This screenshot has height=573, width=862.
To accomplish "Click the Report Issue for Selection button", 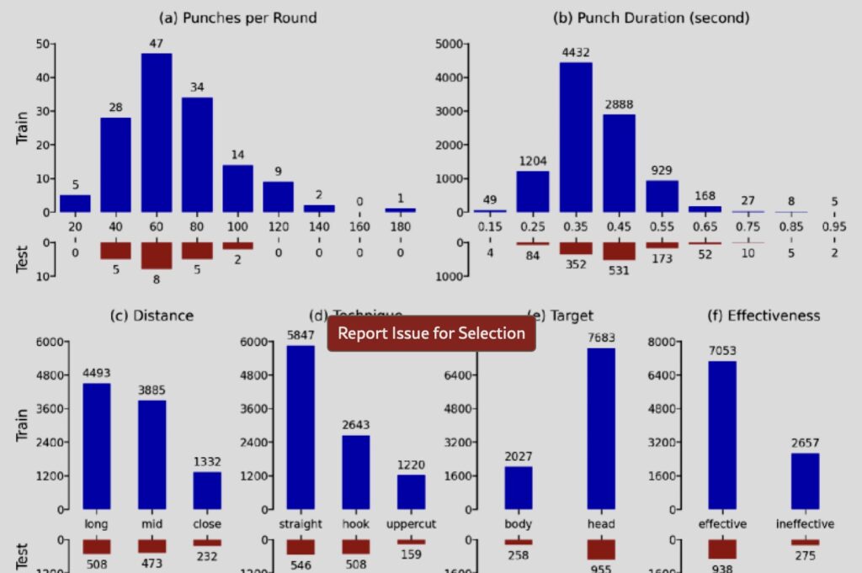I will coord(431,333).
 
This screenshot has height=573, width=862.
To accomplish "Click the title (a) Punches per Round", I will coord(238,17).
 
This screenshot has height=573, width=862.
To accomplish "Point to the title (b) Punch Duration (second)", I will coord(650,17).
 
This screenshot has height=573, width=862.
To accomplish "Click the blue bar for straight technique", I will coord(301,427).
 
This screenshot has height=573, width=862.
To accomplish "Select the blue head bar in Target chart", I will coord(601,428).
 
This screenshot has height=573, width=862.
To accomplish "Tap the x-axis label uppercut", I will coord(411,524).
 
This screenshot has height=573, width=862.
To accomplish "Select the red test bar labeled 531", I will coord(619,251).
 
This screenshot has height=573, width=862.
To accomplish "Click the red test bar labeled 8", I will coord(157,255).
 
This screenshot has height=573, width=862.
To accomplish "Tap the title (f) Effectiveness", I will coord(762,316).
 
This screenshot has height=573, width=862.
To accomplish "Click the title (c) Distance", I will coord(152,316).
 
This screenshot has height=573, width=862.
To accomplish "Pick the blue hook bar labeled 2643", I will coord(356,471).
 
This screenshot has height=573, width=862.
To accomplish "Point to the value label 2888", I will coord(619,104).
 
